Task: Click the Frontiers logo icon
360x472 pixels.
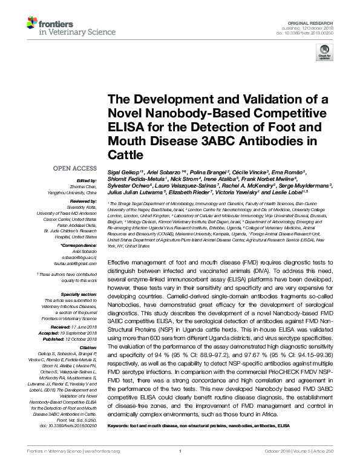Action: click(33, 24)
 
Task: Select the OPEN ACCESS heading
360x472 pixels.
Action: click(74, 168)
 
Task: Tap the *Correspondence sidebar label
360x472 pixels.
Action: click(80, 244)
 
